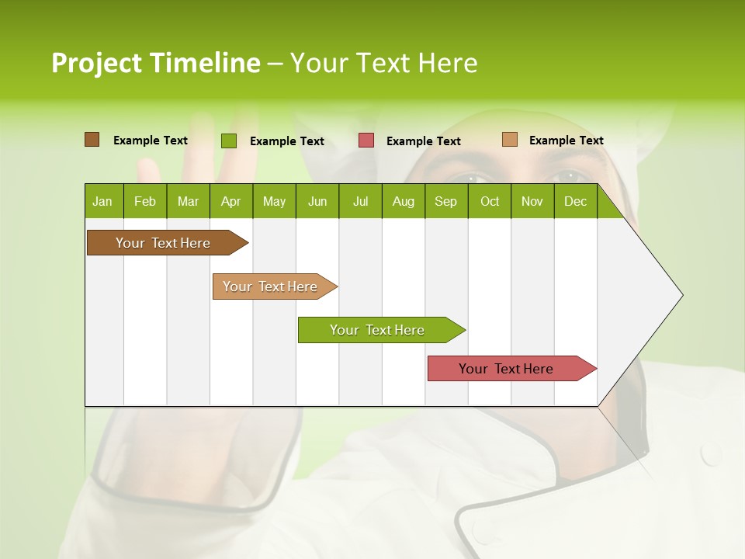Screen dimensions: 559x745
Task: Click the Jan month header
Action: pyautogui.click(x=103, y=201)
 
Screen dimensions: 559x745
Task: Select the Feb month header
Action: pyautogui.click(x=145, y=201)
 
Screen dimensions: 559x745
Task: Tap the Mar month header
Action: pyautogui.click(x=188, y=201)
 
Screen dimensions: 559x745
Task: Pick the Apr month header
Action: pyautogui.click(x=231, y=201)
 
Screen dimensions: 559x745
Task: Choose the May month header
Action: pyautogui.click(x=274, y=201)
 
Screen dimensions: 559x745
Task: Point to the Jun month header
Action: pyautogui.click(x=317, y=201)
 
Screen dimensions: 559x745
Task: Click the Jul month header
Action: pyautogui.click(x=360, y=201)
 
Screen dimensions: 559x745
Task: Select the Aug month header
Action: pyautogui.click(x=404, y=201)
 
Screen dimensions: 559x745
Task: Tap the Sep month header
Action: pyautogui.click(x=446, y=201)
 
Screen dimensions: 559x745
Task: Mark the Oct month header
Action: pyautogui.click(x=490, y=201)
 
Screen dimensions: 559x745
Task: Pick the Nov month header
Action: pyautogui.click(x=532, y=201)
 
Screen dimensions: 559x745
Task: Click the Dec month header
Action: pyautogui.click(x=576, y=201)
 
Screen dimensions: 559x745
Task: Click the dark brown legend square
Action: pyautogui.click(x=92, y=140)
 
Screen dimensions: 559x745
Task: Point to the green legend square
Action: pyautogui.click(x=229, y=141)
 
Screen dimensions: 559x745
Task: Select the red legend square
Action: pyautogui.click(x=366, y=141)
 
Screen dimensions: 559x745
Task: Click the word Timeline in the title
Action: pyautogui.click(x=205, y=63)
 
